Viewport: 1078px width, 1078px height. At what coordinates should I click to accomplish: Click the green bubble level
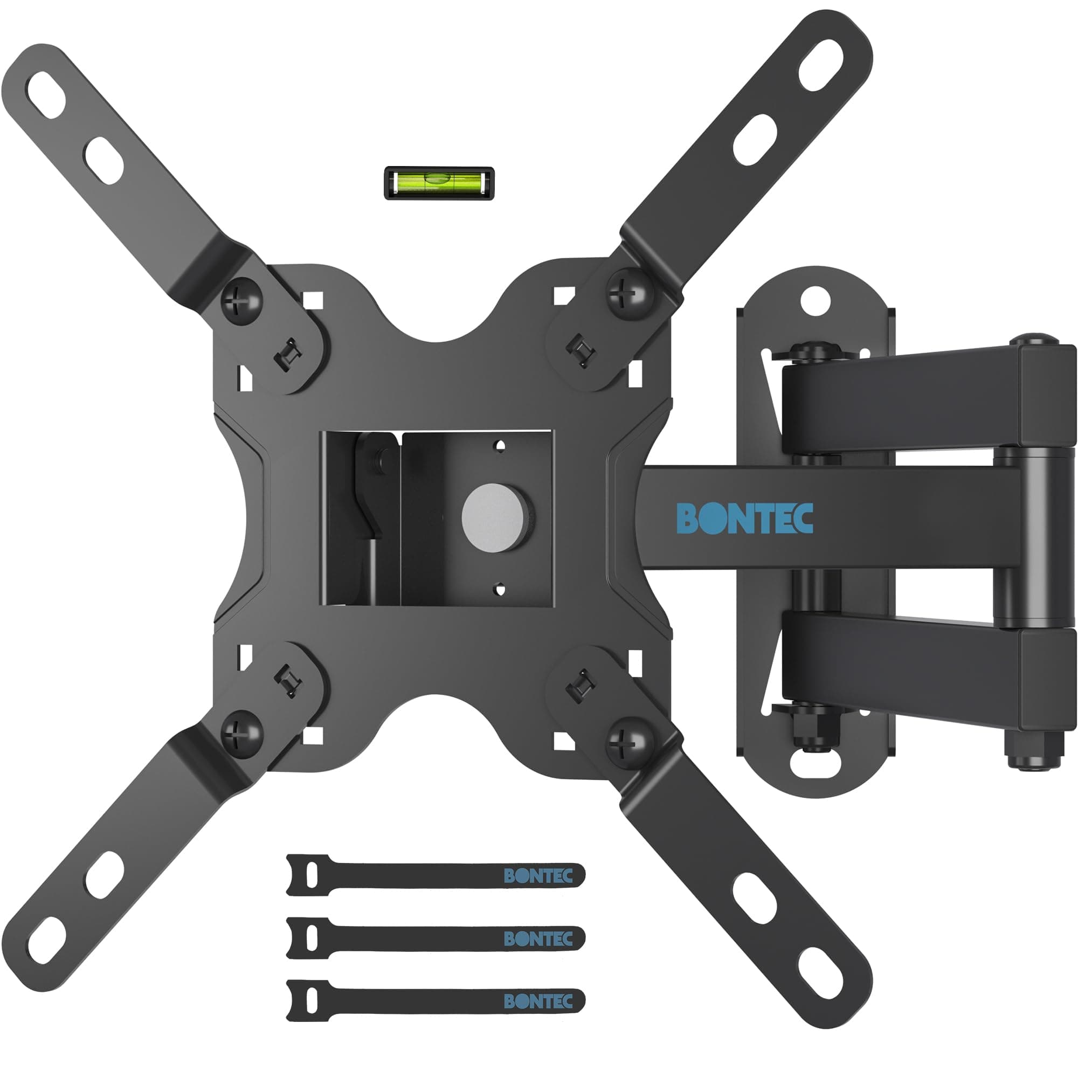tap(439, 183)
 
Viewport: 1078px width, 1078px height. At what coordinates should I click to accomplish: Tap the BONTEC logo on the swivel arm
tap(744, 518)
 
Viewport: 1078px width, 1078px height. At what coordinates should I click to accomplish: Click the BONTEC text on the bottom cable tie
tap(538, 1001)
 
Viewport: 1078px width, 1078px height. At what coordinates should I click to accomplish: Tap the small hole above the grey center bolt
tap(501, 445)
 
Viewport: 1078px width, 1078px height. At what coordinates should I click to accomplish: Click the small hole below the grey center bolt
tap(501, 588)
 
